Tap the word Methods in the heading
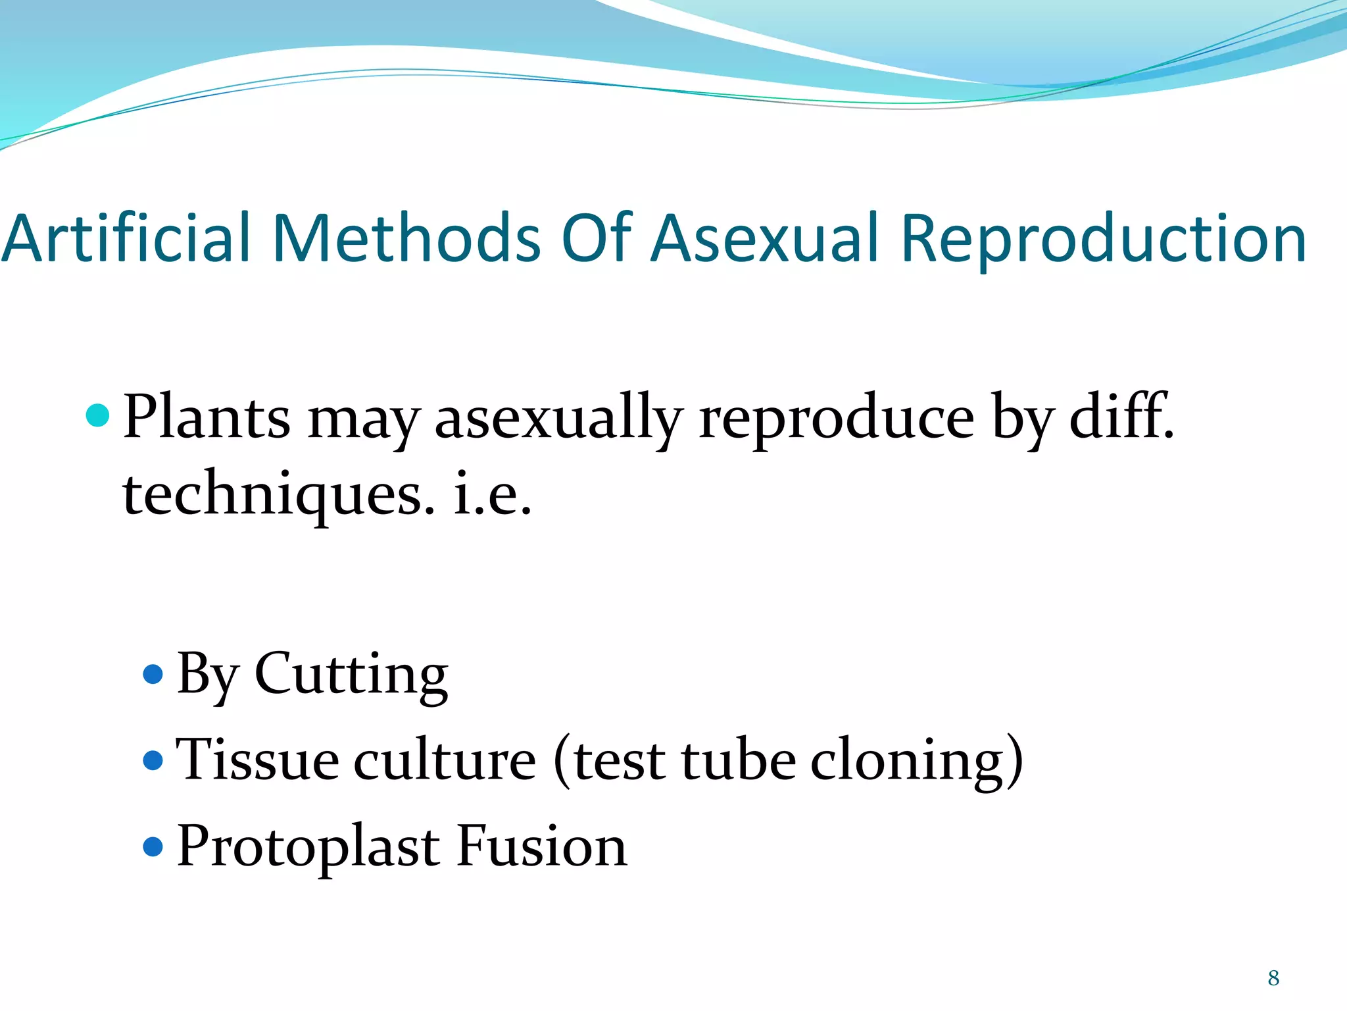(x=406, y=238)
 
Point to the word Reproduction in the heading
(x=1103, y=238)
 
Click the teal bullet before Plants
(x=98, y=416)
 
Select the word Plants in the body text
(x=207, y=417)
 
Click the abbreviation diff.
(x=1121, y=416)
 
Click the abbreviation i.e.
(x=493, y=494)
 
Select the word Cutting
(x=351, y=674)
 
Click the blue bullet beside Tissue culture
(x=153, y=760)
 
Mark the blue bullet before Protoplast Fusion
(x=153, y=846)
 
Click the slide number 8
(x=1274, y=979)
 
